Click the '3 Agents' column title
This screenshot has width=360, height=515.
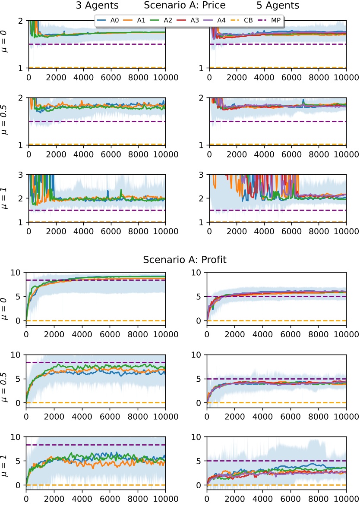[98, 6]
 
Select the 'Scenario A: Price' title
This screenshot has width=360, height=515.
[185, 6]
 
